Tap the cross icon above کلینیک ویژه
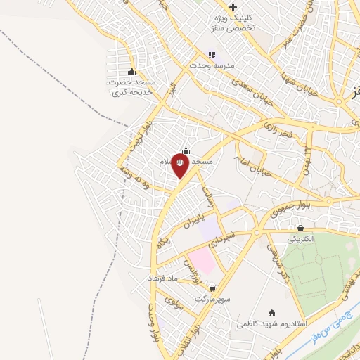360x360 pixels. pos(233,7)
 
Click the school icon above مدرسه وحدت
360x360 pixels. pos(212,54)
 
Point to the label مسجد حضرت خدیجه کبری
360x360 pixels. pos(132,87)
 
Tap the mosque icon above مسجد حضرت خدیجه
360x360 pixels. pos(131,71)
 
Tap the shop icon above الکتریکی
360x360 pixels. pos(301,228)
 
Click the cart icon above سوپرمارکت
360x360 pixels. pos(212,288)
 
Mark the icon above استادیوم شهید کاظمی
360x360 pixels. pos(273,312)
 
